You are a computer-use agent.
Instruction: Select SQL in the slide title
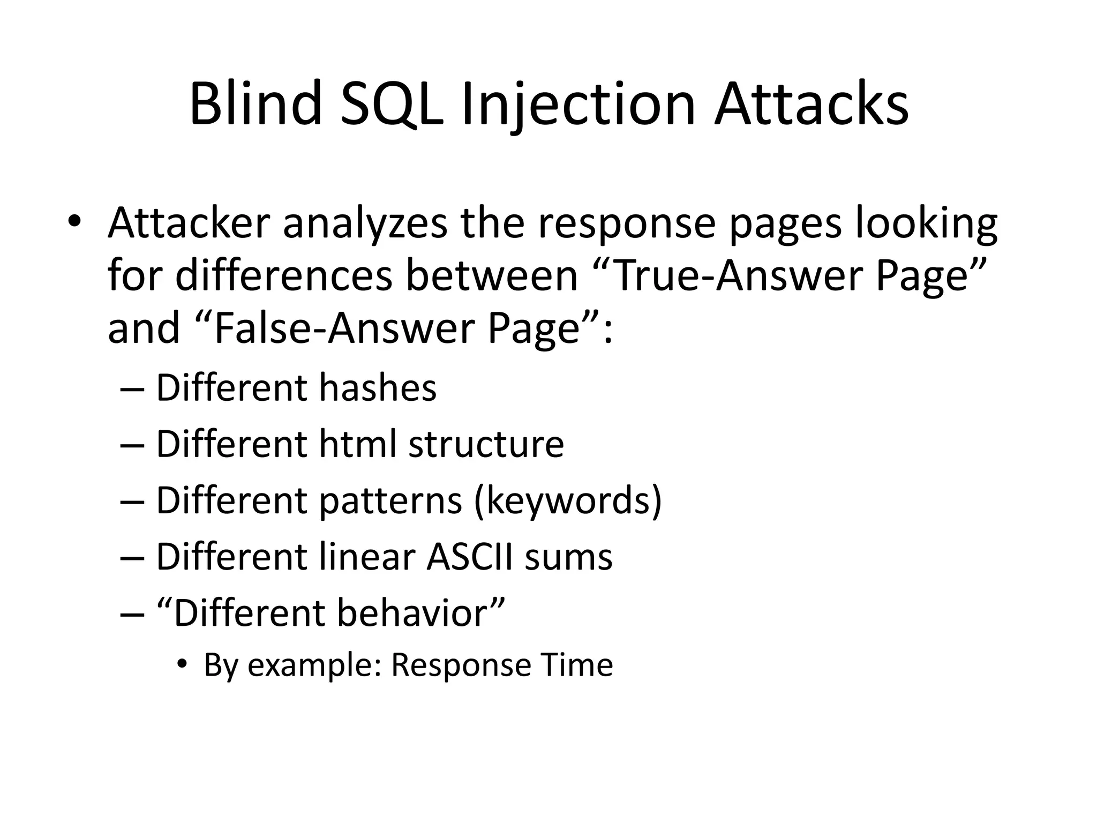click(393, 104)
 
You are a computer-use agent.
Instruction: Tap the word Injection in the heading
click(578, 104)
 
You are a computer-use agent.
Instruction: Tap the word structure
click(486, 445)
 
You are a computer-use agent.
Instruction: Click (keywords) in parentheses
click(568, 501)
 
